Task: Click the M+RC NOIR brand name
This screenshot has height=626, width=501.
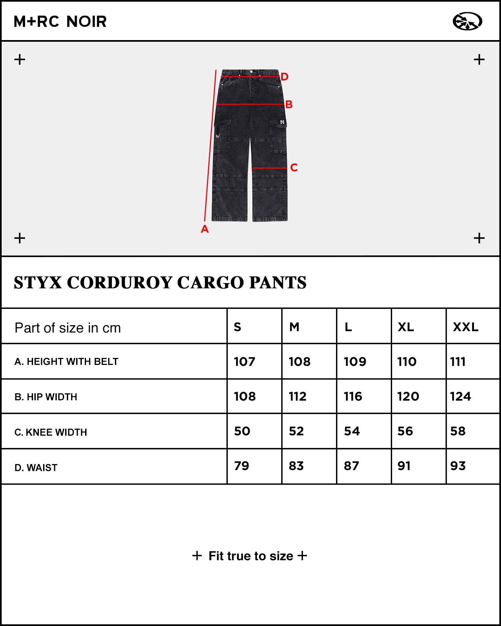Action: coord(60,22)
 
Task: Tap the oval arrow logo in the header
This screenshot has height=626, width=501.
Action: coord(467,21)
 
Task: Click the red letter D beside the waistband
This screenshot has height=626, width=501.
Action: coord(284,77)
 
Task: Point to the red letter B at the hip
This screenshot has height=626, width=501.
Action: coord(289,105)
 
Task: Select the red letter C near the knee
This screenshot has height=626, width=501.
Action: coord(294,167)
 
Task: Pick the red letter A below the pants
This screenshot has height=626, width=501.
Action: coord(205,229)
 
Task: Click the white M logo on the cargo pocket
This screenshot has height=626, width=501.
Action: coord(282,122)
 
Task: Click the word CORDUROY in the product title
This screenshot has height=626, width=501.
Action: coord(122,282)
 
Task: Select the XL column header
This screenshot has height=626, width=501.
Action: coord(406,327)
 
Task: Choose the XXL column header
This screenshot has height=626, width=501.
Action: coord(466,327)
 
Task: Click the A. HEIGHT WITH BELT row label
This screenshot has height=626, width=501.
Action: coord(66,362)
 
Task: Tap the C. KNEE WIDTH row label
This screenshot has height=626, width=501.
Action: coord(50,432)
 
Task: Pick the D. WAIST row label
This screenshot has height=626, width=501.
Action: coord(36,468)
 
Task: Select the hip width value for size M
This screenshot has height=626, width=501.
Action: coord(298,396)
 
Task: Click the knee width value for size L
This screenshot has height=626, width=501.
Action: coord(352,431)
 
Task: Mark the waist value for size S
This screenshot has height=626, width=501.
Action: coord(241,466)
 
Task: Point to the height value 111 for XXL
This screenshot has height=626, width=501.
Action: coord(458,362)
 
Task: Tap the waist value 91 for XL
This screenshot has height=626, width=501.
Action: coord(404,466)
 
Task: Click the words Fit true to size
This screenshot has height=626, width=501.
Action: coord(251,556)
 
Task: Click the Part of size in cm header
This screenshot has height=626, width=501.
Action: coord(67,328)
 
